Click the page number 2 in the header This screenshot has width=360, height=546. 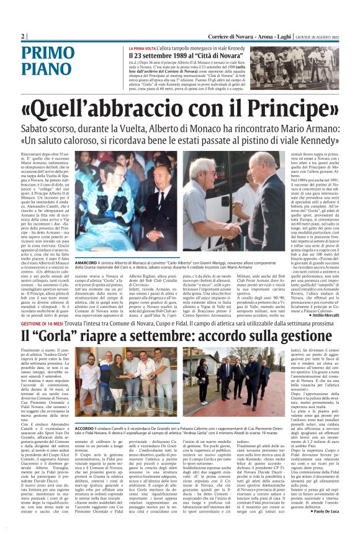pos(23,37)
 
